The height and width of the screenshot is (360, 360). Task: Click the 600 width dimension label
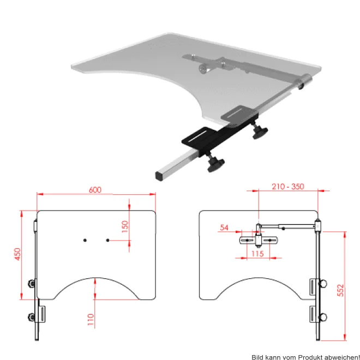95,190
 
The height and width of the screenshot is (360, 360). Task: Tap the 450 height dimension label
17,254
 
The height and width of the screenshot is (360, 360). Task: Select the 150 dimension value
125,226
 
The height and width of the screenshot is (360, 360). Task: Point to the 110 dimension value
91,319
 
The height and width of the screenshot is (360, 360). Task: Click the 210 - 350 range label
288,187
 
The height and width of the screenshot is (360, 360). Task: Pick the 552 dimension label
341,290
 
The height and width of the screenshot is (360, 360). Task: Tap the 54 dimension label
224,227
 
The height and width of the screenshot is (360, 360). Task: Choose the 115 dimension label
257,254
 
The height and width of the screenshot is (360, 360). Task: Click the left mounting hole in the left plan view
85,240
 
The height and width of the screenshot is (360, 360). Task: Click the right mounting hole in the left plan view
107,240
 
